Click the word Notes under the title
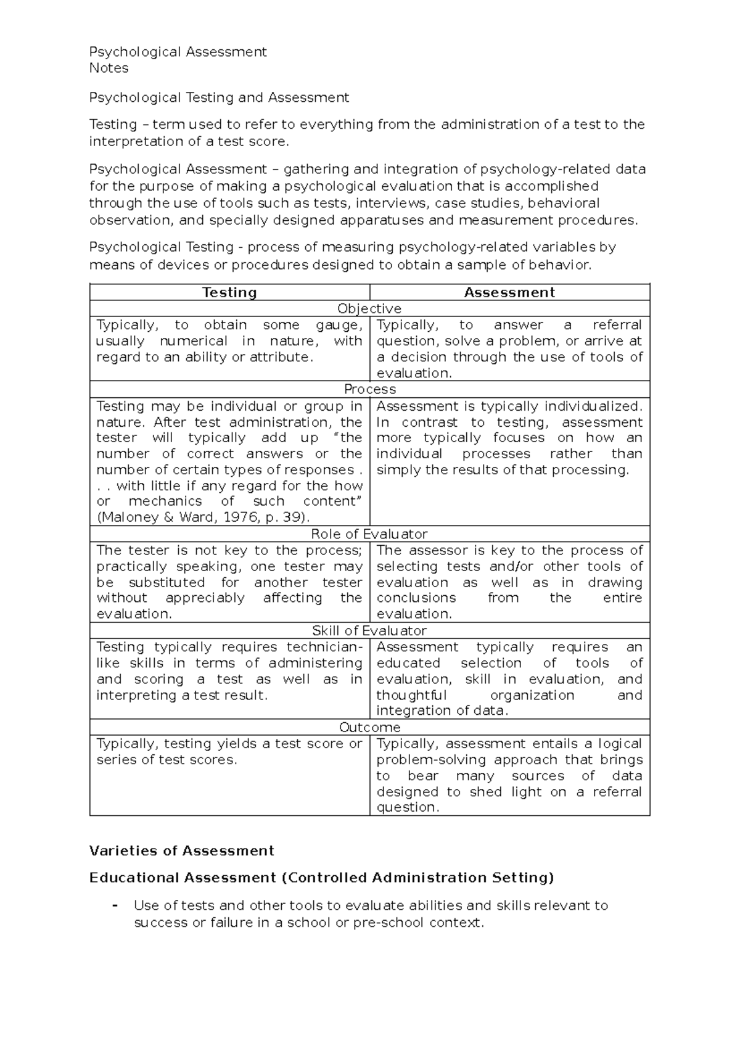[x=109, y=68]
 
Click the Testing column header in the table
[x=229, y=292]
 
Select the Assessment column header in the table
[x=509, y=292]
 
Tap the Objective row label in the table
[x=369, y=308]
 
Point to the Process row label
[x=369, y=389]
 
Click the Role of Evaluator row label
[x=369, y=534]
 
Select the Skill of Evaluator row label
[x=369, y=631]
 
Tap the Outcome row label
[x=369, y=728]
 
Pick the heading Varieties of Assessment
[x=182, y=851]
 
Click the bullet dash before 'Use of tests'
[x=115, y=905]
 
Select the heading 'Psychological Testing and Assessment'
[x=219, y=97]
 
